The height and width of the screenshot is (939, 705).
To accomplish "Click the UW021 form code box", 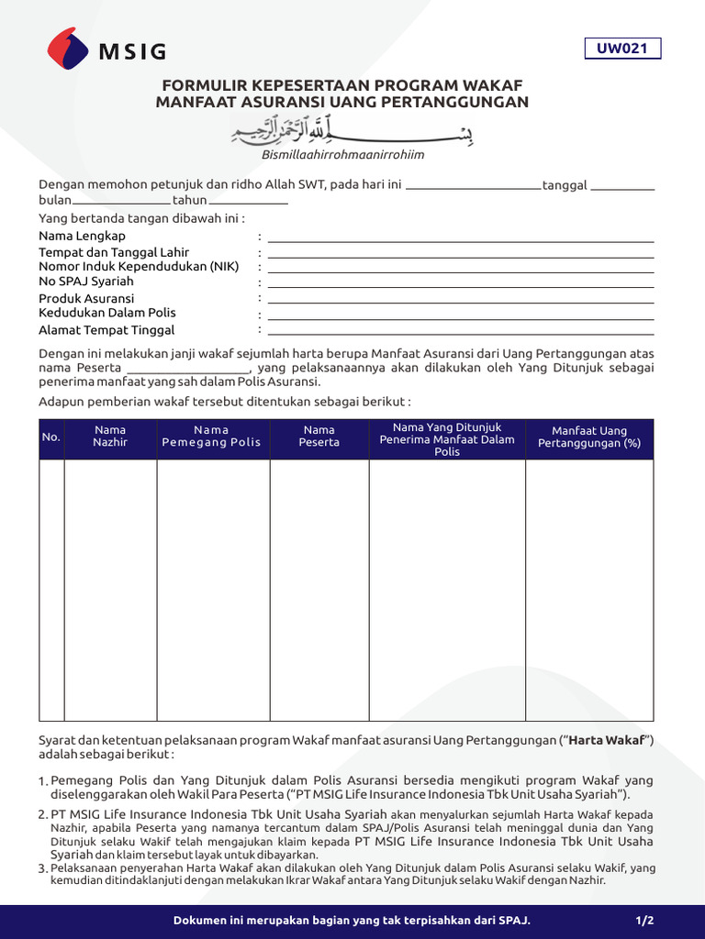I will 622,49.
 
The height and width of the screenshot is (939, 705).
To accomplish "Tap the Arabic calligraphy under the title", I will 352,134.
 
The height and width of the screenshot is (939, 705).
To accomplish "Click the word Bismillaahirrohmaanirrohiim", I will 342,155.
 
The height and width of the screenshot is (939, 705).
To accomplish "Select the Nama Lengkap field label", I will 83,236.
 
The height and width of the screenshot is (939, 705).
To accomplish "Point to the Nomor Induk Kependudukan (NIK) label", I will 139,266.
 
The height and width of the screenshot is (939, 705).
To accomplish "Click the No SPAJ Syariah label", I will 86,282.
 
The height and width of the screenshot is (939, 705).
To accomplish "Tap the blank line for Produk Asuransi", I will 460,303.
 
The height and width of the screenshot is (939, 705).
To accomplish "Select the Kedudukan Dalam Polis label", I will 107,314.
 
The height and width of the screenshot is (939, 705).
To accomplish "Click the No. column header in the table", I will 51,437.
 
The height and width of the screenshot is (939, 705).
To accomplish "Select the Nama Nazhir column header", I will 110,436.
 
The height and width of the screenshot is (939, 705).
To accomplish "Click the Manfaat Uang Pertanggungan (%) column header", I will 588,437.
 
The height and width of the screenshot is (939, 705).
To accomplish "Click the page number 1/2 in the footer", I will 644,920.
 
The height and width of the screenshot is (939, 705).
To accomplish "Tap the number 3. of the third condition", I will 42,868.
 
